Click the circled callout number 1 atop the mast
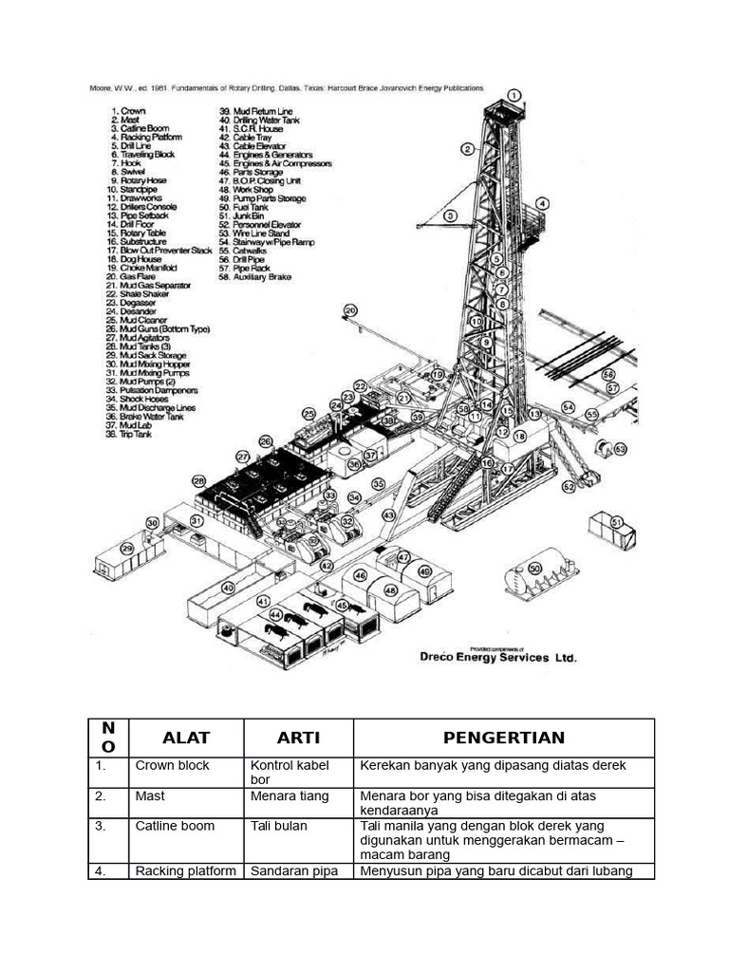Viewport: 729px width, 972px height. pyautogui.click(x=514, y=95)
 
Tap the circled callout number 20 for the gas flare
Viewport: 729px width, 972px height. pyautogui.click(x=350, y=310)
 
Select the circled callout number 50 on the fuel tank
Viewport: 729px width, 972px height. pyautogui.click(x=535, y=568)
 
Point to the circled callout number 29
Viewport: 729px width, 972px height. pyautogui.click(x=127, y=548)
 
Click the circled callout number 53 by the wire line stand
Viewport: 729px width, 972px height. pyautogui.click(x=620, y=448)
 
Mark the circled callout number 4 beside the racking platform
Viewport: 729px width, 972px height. pyautogui.click(x=542, y=203)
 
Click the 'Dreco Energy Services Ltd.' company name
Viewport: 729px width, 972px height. pyautogui.click(x=498, y=657)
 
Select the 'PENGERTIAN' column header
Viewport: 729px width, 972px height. pyautogui.click(x=503, y=738)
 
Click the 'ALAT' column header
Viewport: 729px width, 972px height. pyautogui.click(x=186, y=738)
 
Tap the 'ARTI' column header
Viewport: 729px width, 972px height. pyautogui.click(x=298, y=738)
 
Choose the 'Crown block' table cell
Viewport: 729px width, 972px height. pyautogui.click(x=172, y=765)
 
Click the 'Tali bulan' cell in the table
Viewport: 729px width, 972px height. pyautogui.click(x=279, y=826)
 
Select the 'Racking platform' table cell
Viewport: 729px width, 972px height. pyautogui.click(x=186, y=871)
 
